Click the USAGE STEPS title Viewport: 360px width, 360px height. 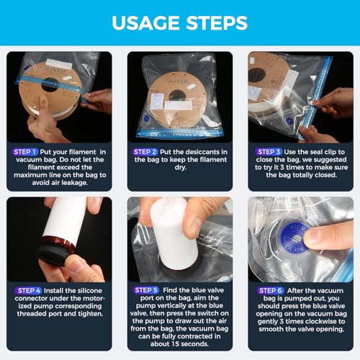179,23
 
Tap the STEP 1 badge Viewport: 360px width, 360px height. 24,152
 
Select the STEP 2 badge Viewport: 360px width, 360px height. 145,152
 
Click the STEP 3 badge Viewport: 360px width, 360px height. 269,152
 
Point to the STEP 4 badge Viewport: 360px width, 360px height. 28,291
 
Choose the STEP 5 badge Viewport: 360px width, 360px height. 146,290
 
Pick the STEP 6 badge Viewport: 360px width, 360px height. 271,291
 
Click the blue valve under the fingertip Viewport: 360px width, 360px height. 294,238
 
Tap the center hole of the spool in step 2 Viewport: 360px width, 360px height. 177,96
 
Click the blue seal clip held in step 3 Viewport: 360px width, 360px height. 317,99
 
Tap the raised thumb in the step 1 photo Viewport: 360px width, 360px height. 44,107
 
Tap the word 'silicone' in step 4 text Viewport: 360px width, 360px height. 89,291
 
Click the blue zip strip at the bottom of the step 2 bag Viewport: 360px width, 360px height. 180,133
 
